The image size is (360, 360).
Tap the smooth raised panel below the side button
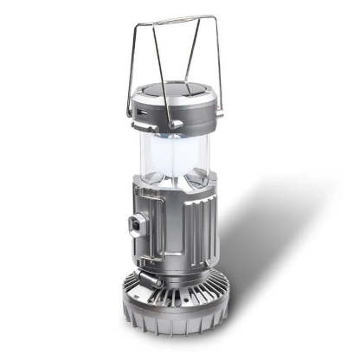pos(147,242)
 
